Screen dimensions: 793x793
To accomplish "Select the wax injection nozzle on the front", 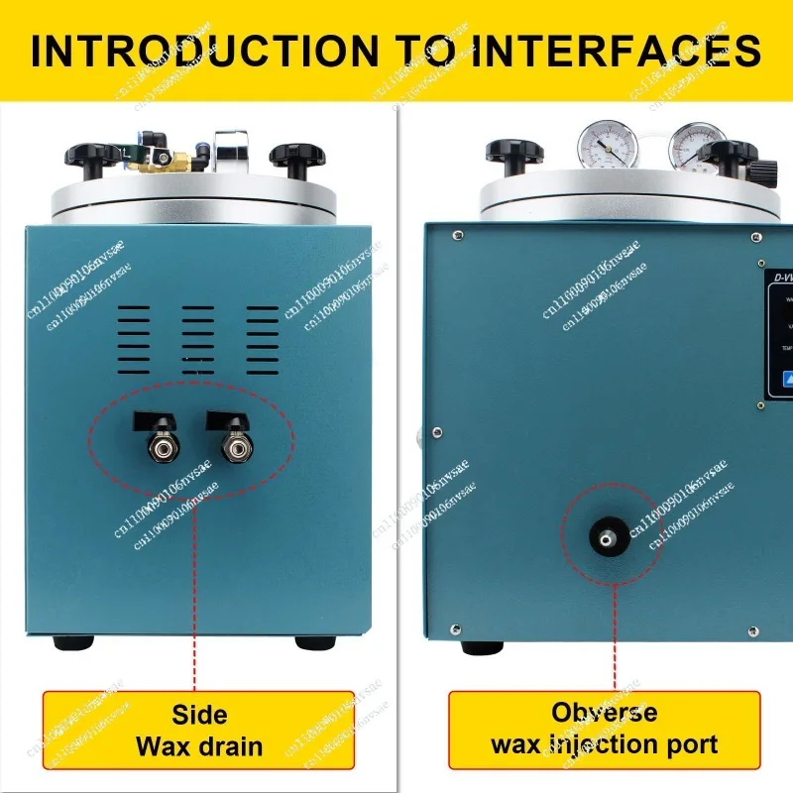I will pos(601,536).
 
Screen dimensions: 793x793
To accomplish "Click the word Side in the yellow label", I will pos(199,715).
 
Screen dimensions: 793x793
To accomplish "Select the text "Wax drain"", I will pos(199,745).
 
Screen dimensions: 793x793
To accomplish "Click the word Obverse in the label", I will pos(604,712).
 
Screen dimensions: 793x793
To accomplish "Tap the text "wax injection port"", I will pos(604,743).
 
